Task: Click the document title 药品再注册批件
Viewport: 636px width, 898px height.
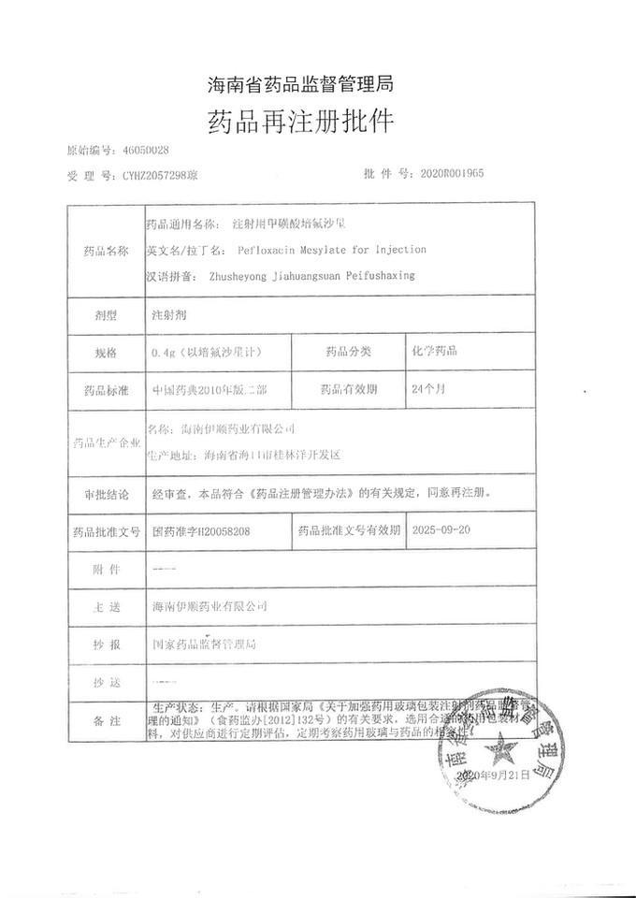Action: point(300,122)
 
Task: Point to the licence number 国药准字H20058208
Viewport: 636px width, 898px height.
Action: point(201,530)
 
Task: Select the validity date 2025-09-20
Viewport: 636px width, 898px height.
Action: point(442,529)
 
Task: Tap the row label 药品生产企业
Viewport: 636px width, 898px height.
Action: point(102,442)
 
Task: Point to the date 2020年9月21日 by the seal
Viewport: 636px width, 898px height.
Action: point(493,776)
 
